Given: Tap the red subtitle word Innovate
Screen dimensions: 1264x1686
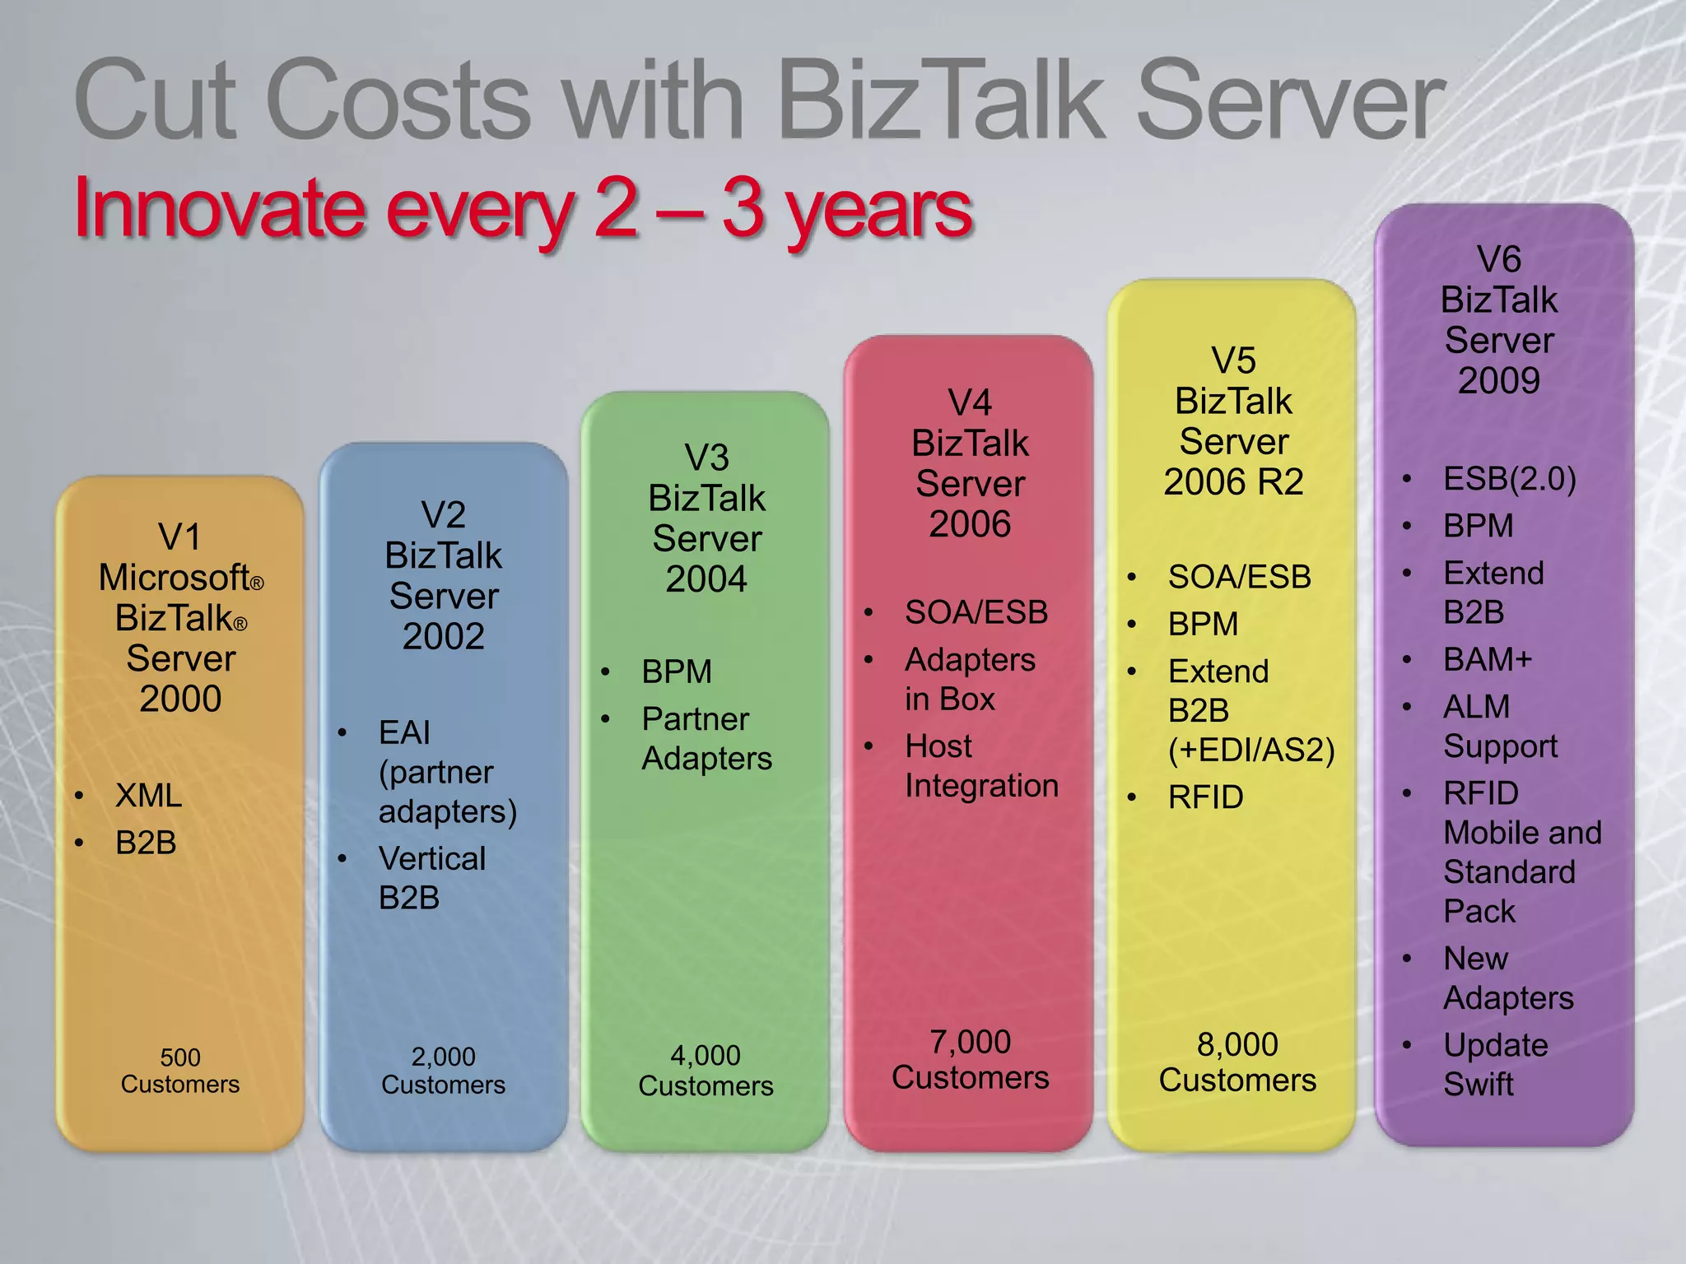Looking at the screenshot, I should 219,209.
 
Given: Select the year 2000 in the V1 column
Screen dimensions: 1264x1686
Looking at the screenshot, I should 180,699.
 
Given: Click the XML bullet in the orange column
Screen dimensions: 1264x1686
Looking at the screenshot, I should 148,796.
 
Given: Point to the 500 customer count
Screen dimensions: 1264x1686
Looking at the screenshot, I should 180,1057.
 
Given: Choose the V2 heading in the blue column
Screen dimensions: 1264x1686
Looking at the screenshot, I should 443,515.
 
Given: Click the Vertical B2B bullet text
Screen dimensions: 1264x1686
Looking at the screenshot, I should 431,878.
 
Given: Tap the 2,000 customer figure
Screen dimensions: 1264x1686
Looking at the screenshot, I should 443,1056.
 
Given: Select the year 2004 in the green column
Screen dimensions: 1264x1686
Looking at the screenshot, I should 706,579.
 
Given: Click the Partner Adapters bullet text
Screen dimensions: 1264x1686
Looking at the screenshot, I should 706,738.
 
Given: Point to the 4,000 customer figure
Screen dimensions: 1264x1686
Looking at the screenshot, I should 706,1055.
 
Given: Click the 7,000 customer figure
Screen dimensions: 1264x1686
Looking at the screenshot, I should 970,1042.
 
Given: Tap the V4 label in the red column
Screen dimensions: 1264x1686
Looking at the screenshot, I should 970,403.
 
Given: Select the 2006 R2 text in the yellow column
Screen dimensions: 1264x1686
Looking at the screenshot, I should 1233,482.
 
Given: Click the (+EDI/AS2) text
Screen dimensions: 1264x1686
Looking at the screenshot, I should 1251,750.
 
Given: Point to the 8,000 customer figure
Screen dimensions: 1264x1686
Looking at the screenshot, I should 1237,1044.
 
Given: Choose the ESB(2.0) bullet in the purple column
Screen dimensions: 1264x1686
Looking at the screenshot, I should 1509,479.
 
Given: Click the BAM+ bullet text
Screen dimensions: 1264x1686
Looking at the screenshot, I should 1487,659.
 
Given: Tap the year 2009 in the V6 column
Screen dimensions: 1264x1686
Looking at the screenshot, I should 1498,381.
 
